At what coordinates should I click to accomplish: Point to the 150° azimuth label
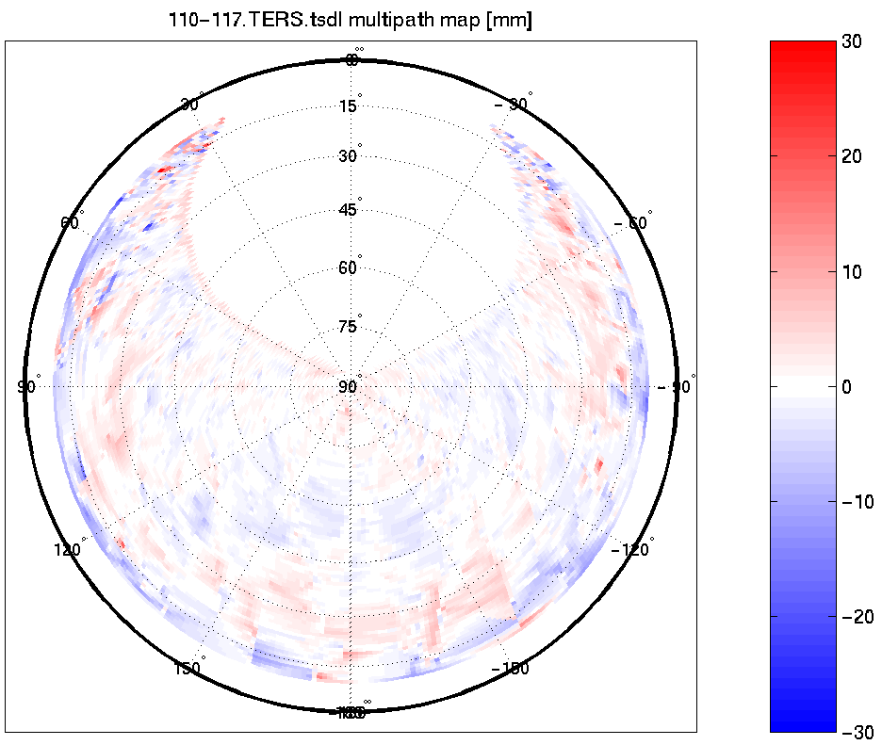(188, 668)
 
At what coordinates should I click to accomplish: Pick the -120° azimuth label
(633, 549)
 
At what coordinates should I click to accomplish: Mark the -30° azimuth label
(514, 104)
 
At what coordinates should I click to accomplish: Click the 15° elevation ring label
(349, 106)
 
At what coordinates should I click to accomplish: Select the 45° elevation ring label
(349, 210)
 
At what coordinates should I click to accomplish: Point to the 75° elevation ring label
(349, 327)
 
